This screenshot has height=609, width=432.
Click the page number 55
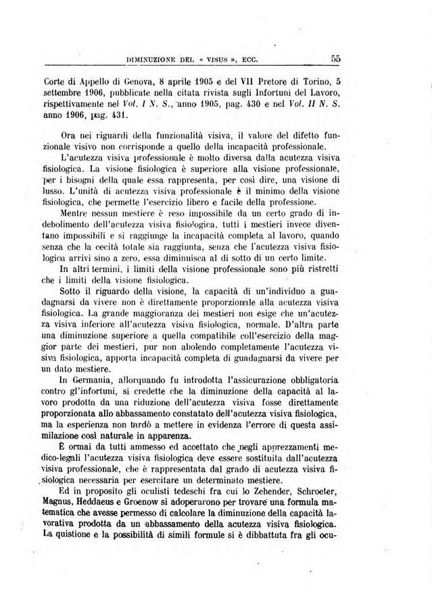point(335,59)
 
